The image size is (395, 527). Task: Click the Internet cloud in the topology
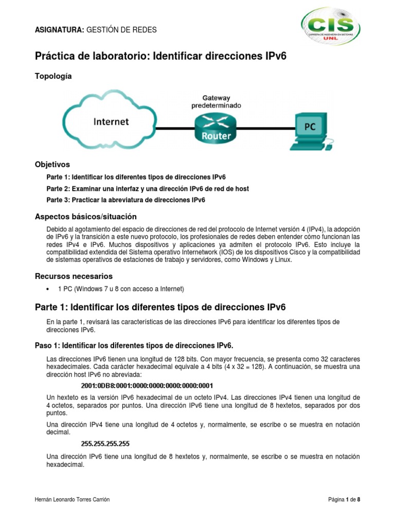tap(111, 122)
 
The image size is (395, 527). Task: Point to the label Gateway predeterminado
tap(216, 101)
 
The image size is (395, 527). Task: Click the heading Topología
tap(53, 76)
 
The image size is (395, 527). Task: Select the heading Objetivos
tap(52, 165)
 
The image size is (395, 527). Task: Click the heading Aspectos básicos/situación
tap(85, 216)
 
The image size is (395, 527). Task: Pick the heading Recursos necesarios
tap(73, 276)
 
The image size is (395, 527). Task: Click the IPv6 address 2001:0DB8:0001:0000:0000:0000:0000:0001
tap(147, 385)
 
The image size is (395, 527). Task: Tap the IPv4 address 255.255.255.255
tap(105, 443)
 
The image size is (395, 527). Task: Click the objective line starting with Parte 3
tap(125, 200)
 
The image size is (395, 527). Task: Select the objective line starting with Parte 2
tap(148, 189)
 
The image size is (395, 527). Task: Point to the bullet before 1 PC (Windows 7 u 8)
tap(48, 289)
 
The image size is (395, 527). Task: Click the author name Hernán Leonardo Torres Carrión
tap(71, 500)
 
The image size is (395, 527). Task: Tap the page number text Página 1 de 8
tap(345, 500)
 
